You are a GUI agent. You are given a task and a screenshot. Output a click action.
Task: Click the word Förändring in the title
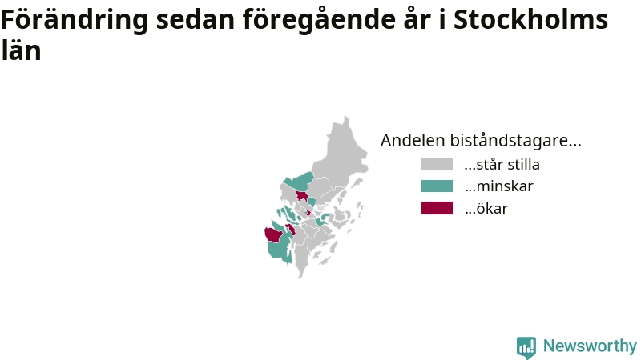click(x=75, y=19)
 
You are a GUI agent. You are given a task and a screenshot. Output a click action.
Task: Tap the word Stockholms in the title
click(x=530, y=18)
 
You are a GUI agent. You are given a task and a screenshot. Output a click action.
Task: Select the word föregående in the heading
click(x=319, y=19)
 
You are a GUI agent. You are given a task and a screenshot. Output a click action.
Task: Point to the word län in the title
click(x=22, y=50)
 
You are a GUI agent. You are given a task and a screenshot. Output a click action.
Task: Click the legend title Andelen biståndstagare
click(x=481, y=140)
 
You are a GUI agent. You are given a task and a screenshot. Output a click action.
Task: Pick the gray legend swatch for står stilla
click(x=437, y=165)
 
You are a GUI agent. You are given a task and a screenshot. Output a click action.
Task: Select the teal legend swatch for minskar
click(x=437, y=186)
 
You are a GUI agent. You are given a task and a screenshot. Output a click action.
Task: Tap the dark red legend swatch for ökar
click(x=437, y=208)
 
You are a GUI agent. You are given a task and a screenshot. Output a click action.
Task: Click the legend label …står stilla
click(x=502, y=165)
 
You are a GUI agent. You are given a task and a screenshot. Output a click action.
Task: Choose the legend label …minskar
click(x=498, y=186)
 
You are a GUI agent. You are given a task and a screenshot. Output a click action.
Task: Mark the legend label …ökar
click(x=486, y=208)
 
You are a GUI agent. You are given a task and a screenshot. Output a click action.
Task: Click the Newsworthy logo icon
click(x=526, y=347)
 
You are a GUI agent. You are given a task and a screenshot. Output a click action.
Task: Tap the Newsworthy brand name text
click(x=590, y=346)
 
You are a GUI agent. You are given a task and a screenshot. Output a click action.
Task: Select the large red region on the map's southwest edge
click(x=274, y=235)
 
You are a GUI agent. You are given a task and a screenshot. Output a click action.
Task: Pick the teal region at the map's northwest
click(x=299, y=182)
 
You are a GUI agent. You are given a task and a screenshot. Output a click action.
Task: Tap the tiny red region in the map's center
click(x=308, y=213)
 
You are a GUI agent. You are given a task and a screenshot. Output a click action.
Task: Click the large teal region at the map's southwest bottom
click(x=279, y=249)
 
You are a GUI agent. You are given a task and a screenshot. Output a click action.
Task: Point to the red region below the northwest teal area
click(x=302, y=196)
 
